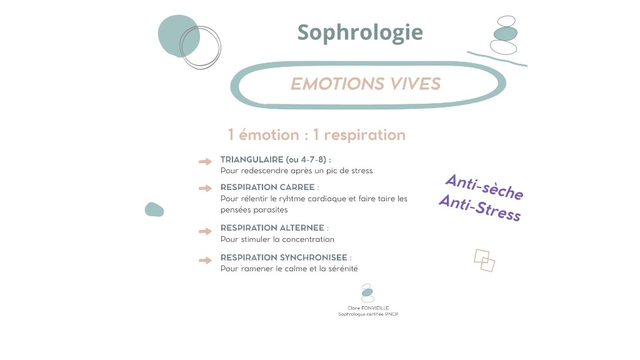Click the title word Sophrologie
click(360, 32)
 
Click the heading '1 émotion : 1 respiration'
click(317, 134)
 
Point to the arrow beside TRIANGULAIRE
click(205, 162)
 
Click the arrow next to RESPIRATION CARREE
click(205, 188)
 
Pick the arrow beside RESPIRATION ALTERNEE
click(205, 231)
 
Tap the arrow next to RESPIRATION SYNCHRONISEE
click(205, 260)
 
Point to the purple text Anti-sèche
click(484, 187)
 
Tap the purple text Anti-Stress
click(479, 208)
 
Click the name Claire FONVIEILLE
click(368, 307)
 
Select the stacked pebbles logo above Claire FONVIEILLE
click(367, 292)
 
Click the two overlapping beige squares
click(484, 260)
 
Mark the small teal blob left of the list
click(154, 209)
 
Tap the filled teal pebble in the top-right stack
click(506, 33)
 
